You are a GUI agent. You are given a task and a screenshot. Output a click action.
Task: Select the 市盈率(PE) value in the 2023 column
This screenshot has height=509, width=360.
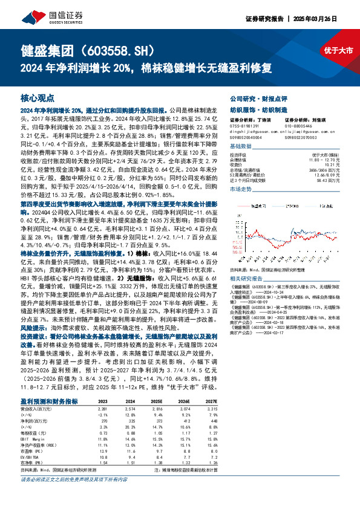coord(103,450)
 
